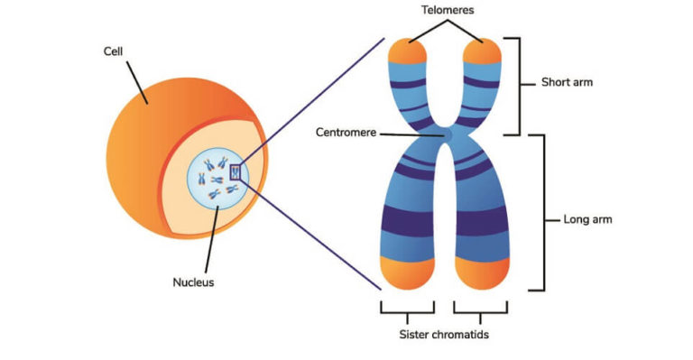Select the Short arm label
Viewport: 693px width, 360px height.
(x=567, y=82)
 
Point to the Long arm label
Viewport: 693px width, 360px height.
(x=587, y=218)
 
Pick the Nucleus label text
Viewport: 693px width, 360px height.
(x=193, y=282)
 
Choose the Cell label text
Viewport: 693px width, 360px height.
(x=114, y=51)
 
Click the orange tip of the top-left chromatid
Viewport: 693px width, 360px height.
(x=408, y=52)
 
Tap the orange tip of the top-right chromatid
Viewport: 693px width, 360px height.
(x=481, y=52)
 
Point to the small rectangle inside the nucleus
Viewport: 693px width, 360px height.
(x=236, y=171)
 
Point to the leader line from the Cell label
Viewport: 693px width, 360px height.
(x=135, y=81)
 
